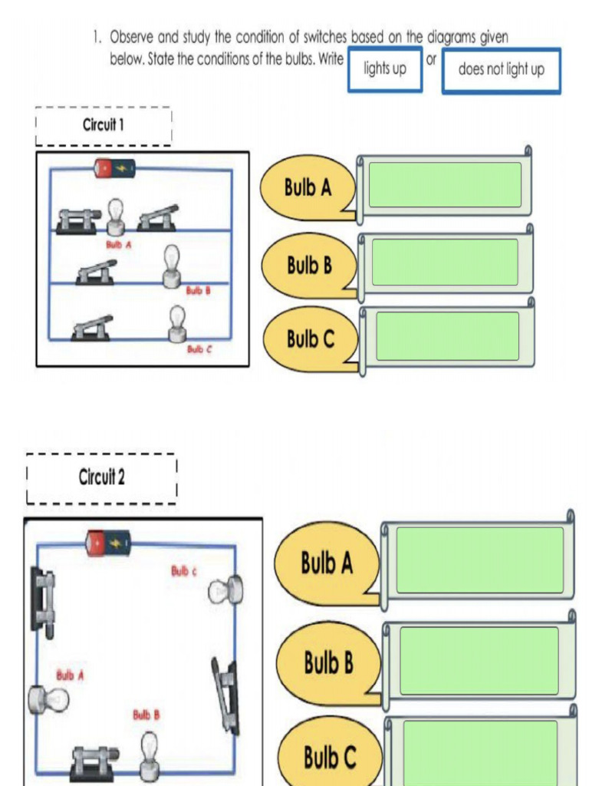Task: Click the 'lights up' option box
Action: pyautogui.click(x=384, y=69)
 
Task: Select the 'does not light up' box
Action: pyautogui.click(x=501, y=70)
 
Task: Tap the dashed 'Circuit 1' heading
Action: pyautogui.click(x=104, y=125)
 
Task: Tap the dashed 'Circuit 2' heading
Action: pyautogui.click(x=101, y=477)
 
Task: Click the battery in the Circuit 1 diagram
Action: pyautogui.click(x=114, y=167)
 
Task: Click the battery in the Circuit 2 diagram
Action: pyautogui.click(x=107, y=543)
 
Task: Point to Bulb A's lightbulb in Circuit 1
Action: pyautogui.click(x=115, y=216)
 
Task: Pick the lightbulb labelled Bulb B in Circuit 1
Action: pyautogui.click(x=172, y=266)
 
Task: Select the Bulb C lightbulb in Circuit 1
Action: pyautogui.click(x=177, y=323)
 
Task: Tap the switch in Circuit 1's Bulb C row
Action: pyautogui.click(x=92, y=328)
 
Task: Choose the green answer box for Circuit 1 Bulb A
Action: pyautogui.click(x=445, y=185)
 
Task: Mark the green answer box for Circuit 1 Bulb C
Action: pyautogui.click(x=447, y=336)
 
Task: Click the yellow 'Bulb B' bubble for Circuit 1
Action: pyautogui.click(x=309, y=266)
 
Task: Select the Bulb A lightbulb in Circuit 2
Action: pyautogui.click(x=48, y=699)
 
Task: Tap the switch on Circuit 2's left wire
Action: pyautogui.click(x=43, y=601)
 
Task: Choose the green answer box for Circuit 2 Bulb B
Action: pyautogui.click(x=479, y=660)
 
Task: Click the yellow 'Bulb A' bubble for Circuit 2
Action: pyautogui.click(x=327, y=563)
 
